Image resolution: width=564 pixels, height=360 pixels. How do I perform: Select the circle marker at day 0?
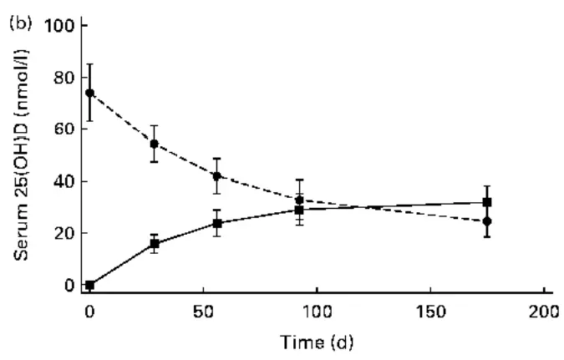pyautogui.click(x=89, y=93)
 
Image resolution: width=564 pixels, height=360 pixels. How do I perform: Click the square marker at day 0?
pyautogui.click(x=89, y=285)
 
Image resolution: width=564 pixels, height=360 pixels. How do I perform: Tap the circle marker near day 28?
pyautogui.click(x=154, y=144)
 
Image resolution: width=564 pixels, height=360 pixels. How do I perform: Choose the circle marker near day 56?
pyautogui.click(x=216, y=176)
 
